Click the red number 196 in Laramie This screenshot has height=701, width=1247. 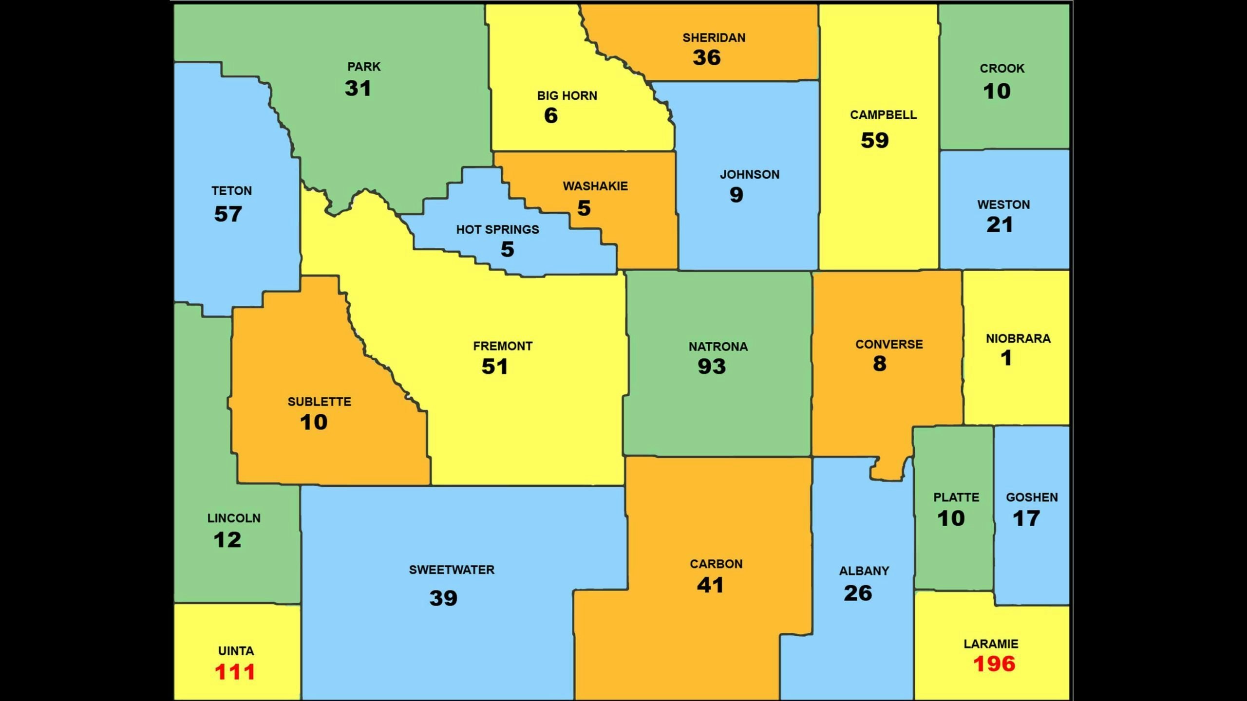point(994,664)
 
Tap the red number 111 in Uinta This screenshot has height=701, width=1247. point(235,672)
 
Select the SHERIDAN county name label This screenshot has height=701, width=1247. point(714,38)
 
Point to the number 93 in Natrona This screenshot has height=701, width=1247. point(712,367)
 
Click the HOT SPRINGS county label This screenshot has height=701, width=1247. point(497,229)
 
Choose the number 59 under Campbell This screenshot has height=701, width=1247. point(875,141)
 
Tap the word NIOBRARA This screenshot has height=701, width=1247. point(1018,339)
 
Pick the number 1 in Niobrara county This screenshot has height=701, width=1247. point(1006,358)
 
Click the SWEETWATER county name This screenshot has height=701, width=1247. point(452,570)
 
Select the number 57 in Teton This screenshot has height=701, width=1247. point(228,214)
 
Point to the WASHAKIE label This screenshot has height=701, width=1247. point(595,186)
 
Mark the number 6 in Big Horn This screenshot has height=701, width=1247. point(550,116)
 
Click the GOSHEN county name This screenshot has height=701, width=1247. point(1032,498)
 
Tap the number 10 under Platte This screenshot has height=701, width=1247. point(951,518)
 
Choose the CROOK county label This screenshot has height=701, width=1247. point(1002,69)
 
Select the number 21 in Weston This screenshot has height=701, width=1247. point(1000,225)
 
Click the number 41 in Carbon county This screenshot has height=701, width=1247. point(710,585)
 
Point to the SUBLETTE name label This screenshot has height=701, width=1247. point(319,402)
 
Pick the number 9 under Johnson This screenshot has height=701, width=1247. point(736,195)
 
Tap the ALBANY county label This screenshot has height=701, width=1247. point(864,571)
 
